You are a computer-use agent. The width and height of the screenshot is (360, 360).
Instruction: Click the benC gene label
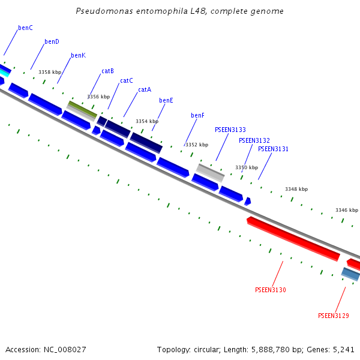25,28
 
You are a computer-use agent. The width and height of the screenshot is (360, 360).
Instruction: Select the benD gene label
52,42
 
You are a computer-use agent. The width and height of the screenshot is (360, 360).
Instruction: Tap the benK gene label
78,56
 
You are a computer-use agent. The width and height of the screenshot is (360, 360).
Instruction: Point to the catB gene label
107,71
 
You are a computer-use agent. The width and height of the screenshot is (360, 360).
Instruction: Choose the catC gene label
127,80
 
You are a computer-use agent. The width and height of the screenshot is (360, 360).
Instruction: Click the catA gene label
145,90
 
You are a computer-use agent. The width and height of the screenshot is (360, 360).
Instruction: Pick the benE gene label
166,101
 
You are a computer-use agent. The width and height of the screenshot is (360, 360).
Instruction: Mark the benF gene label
198,115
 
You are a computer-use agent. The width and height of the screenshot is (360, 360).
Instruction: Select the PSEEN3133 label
230,130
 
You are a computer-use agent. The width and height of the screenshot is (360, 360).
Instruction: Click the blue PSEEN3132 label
254,140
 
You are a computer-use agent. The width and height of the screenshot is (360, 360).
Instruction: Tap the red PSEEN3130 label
271,290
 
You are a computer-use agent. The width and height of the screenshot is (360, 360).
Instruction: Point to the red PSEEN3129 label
334,316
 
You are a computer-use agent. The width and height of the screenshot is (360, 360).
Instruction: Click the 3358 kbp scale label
50,72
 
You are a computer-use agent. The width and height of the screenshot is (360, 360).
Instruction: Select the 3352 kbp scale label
196,145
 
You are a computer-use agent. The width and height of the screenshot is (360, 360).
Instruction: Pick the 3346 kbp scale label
347,210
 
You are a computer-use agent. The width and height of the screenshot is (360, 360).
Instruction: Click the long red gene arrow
293,239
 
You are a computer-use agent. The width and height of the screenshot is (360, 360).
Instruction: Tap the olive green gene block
82,109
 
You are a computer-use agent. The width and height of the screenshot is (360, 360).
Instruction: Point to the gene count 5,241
344,349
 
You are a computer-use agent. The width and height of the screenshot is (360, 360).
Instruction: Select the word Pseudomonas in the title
101,11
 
